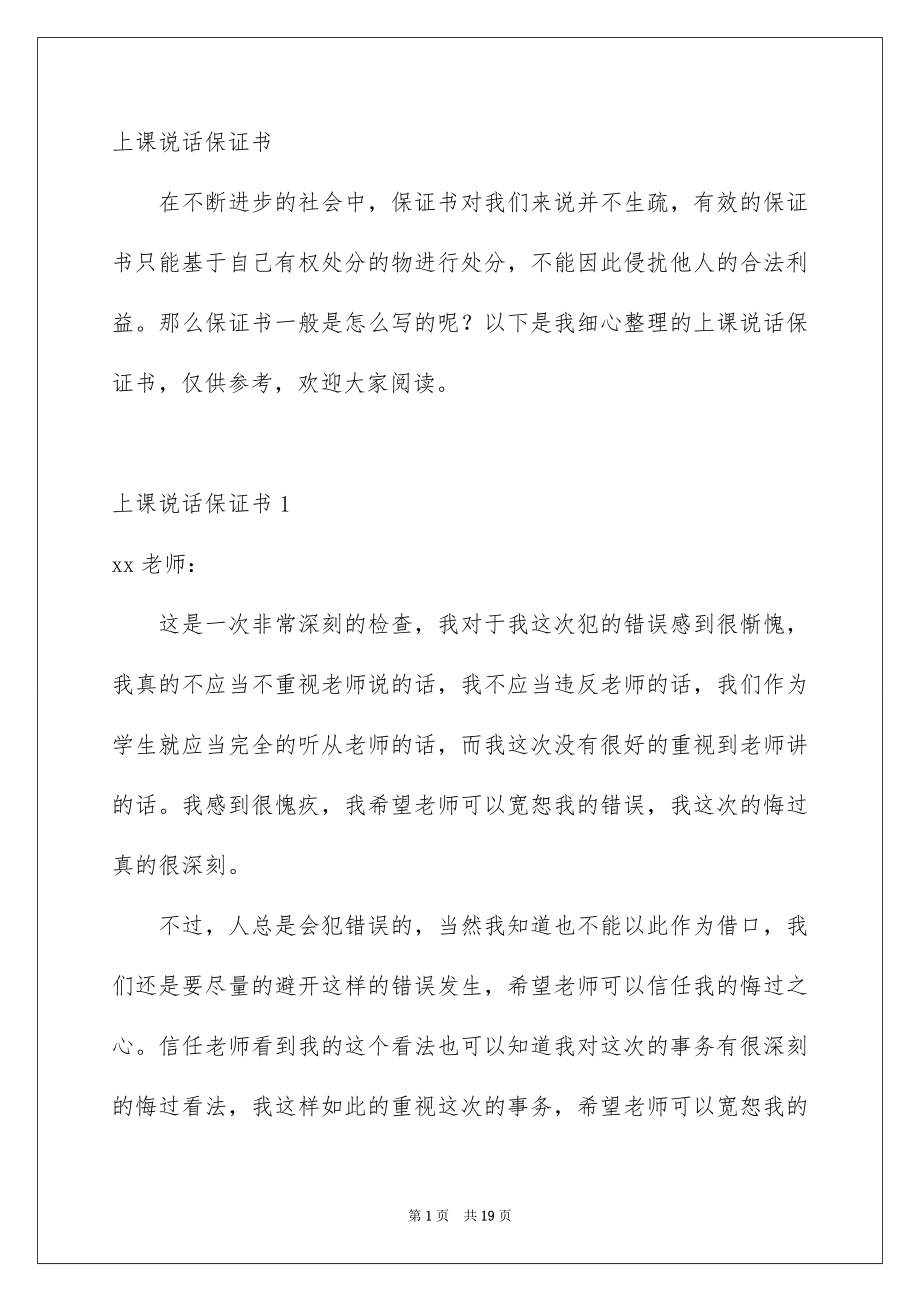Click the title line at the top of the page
tap(192, 142)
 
